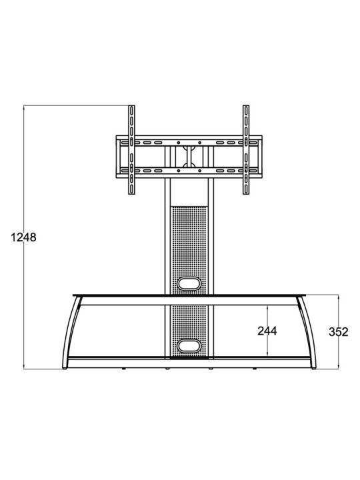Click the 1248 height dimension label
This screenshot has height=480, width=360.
point(23,237)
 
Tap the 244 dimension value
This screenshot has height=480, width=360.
point(267,331)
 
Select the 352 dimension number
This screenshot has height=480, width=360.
point(338,332)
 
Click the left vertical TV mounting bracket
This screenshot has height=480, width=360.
point(131,150)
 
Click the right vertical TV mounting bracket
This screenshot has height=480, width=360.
point(246,150)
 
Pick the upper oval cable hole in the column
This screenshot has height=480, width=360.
point(189,283)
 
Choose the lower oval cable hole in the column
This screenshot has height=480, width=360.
point(189,345)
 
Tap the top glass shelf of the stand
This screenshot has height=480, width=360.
point(189,295)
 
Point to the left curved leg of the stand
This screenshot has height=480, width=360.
point(69,332)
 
